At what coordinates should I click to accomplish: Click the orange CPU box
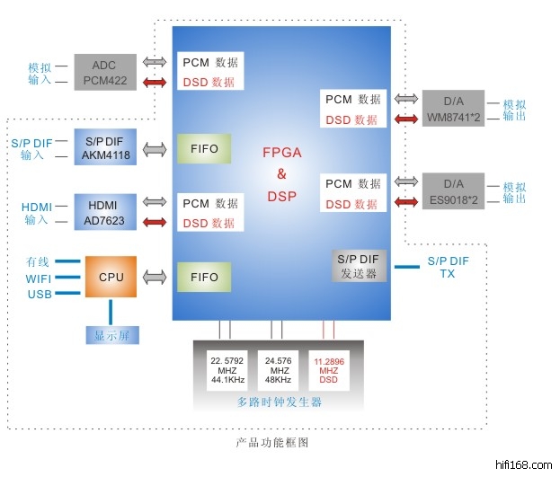point(111,277)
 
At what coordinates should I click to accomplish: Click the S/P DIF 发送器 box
point(359,266)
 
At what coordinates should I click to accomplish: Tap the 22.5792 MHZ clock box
point(228,370)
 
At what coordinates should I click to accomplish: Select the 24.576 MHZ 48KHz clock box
point(280,370)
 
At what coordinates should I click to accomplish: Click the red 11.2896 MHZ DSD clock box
point(329,370)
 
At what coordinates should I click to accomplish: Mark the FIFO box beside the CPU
point(205,277)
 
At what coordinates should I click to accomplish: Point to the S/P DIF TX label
point(448,267)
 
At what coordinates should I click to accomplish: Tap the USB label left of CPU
point(39,294)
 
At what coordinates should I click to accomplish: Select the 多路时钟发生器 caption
point(279,402)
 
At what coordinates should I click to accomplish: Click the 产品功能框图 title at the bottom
point(272,443)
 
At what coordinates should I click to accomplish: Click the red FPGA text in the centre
point(281,153)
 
